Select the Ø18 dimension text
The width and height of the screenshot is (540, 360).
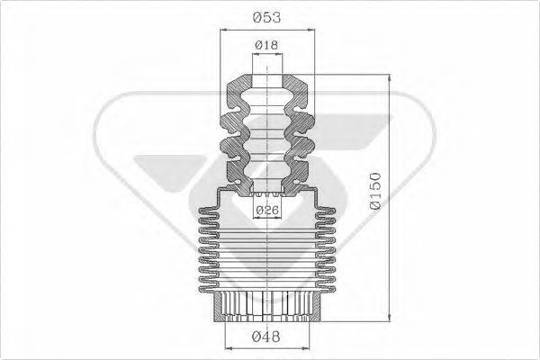[x=266, y=44]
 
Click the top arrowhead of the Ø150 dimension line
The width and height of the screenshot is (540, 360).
[x=390, y=78]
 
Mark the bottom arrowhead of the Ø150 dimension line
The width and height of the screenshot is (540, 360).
[x=390, y=316]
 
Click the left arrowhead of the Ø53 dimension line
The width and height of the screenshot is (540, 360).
[x=225, y=30]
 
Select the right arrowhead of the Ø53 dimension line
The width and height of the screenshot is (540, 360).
[x=311, y=30]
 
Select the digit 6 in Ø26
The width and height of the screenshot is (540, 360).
[x=275, y=211]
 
